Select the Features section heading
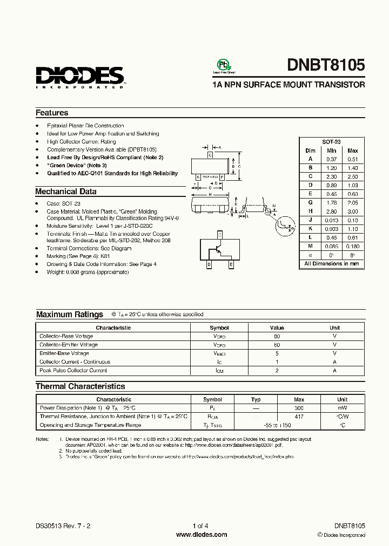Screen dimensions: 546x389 [x=52, y=113]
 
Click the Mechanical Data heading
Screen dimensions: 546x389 [x=66, y=192]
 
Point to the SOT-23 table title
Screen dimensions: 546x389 [x=331, y=141]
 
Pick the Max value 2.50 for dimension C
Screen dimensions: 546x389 [x=352, y=176]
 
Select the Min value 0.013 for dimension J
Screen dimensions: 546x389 [x=331, y=220]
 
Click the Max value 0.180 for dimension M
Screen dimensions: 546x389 [x=352, y=247]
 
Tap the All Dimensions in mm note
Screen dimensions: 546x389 [x=331, y=264]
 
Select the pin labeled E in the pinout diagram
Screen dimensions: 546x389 [x=231, y=265]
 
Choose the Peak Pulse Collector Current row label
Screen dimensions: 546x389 [x=73, y=371]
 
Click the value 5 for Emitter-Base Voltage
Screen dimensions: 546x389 [x=277, y=353]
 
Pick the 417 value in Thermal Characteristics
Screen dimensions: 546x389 [x=299, y=417]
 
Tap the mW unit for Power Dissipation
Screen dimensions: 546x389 [x=343, y=408]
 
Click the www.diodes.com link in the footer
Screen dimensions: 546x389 [x=202, y=535]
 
